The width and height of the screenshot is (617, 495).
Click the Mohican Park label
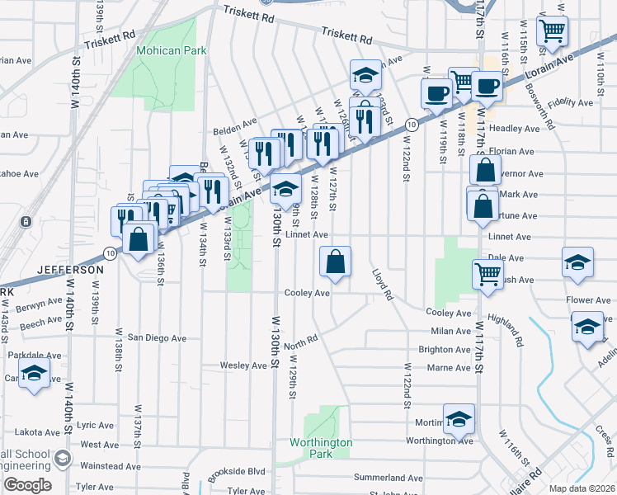click(172, 50)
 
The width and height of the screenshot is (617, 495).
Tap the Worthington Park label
click(321, 448)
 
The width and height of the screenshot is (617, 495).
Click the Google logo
click(26, 485)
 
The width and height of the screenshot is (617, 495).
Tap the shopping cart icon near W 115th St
click(552, 31)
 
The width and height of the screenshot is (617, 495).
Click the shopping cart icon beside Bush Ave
click(487, 274)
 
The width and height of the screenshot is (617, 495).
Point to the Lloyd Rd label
click(380, 281)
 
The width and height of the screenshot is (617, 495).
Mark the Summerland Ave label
click(388, 478)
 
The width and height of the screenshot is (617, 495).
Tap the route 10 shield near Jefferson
click(110, 251)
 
